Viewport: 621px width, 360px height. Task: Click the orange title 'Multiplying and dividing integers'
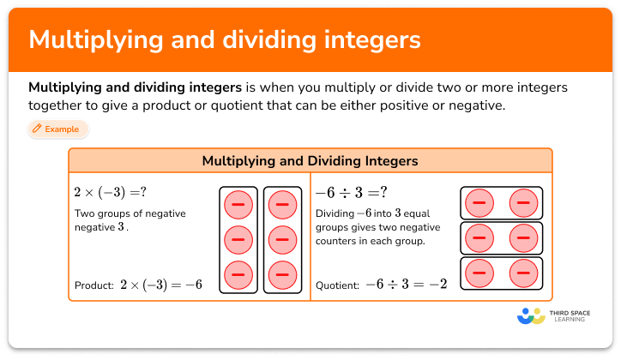(225, 40)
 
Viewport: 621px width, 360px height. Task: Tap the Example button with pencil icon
(57, 129)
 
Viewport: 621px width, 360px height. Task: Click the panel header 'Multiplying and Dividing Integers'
(310, 161)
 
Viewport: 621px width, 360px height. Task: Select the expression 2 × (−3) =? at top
(110, 191)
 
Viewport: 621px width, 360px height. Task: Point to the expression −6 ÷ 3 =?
(352, 191)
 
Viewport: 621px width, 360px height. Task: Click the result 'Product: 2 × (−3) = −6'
(139, 285)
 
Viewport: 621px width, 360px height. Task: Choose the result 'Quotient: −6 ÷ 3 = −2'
(382, 285)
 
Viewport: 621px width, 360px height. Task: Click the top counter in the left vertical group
(238, 205)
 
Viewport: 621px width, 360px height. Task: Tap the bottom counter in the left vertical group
(238, 274)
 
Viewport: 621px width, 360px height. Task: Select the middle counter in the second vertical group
(282, 240)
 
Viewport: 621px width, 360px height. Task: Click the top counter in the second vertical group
(282, 205)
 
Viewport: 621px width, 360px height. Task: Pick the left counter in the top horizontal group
(479, 203)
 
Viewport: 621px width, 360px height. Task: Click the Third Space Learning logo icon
(531, 315)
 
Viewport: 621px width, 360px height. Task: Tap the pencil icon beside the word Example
(38, 129)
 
